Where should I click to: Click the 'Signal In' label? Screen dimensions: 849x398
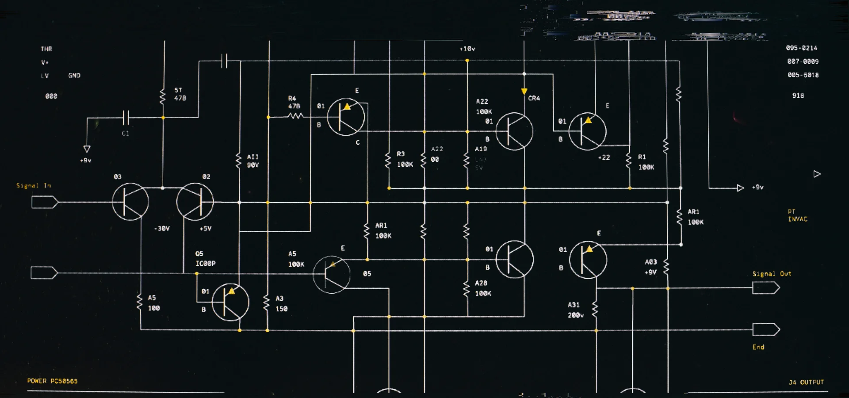click(34, 186)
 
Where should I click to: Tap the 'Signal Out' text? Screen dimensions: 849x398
click(772, 274)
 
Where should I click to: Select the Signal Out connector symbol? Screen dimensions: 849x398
click(766, 288)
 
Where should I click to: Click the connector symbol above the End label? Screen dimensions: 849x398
click(766, 330)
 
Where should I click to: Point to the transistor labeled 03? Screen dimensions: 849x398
click(130, 202)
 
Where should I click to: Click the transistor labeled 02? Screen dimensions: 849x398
click(195, 202)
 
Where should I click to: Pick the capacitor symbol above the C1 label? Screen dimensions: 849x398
click(126, 118)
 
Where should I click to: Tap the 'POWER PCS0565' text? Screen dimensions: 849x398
click(52, 381)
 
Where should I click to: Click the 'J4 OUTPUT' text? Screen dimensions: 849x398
click(806, 382)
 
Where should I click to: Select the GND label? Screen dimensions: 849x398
click(74, 76)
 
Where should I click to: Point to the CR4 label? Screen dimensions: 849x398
click(534, 98)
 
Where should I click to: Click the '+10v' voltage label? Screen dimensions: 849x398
click(467, 49)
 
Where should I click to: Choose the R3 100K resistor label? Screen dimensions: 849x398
click(404, 159)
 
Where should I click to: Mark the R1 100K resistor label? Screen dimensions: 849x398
click(646, 162)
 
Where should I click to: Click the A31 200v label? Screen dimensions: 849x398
click(575, 310)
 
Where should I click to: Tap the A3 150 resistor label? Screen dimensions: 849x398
click(281, 304)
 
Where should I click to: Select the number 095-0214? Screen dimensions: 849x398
click(801, 48)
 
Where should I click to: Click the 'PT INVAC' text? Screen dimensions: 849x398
click(797, 215)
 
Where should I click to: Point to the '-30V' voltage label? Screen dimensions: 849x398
click(162, 229)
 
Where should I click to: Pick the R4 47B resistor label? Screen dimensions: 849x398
click(294, 102)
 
